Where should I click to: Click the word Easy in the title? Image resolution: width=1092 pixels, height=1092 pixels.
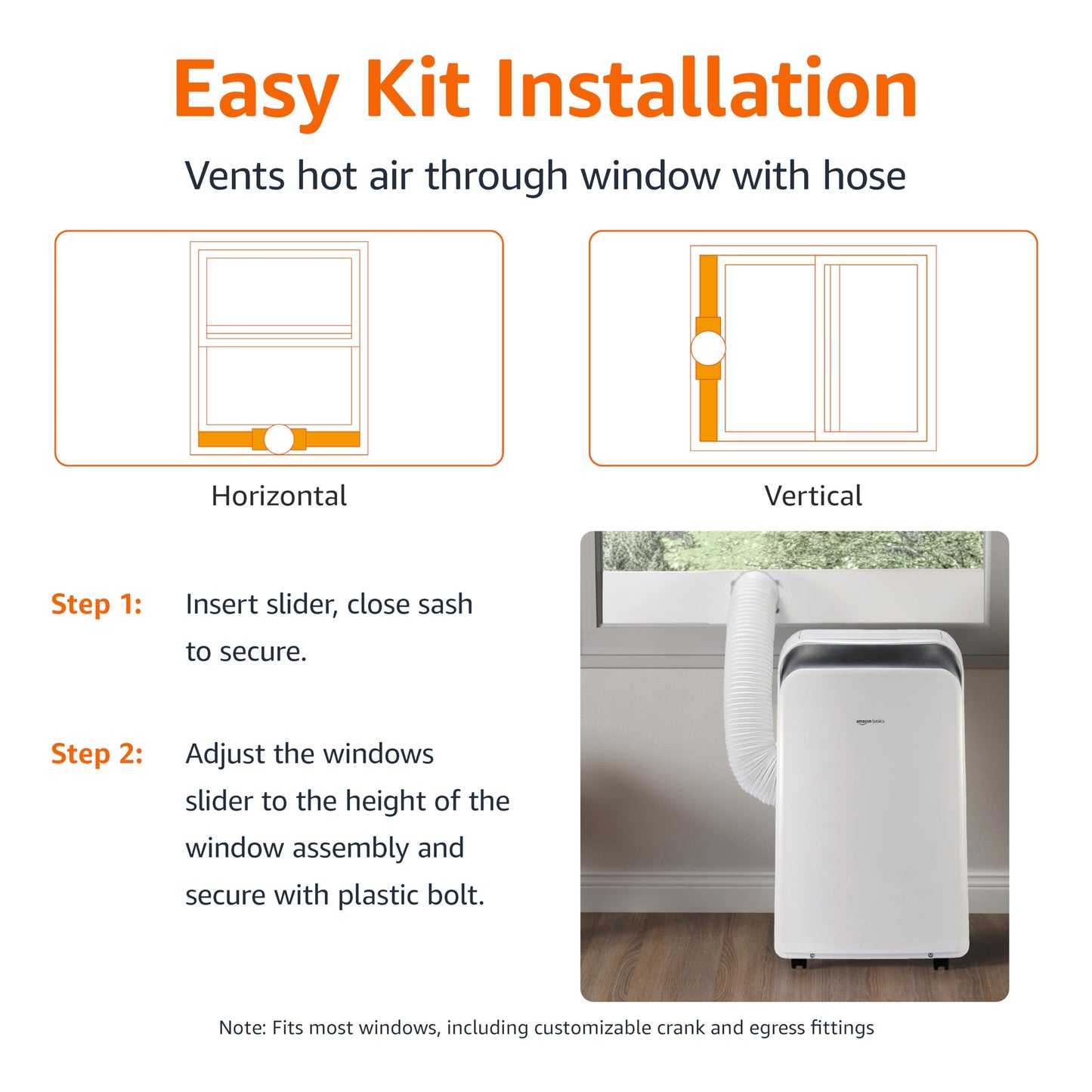(257, 91)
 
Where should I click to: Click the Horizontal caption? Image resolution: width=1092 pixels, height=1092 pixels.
(279, 496)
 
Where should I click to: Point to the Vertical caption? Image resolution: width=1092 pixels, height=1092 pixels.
(812, 496)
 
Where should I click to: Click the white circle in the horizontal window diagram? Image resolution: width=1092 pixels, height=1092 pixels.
(279, 438)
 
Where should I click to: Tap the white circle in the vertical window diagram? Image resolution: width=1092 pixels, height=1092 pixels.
(708, 348)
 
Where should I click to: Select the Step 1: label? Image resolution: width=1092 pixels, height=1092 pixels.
(96, 604)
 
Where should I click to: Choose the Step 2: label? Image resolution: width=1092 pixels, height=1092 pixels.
(97, 753)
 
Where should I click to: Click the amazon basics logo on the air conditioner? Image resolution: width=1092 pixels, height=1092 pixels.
(870, 722)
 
